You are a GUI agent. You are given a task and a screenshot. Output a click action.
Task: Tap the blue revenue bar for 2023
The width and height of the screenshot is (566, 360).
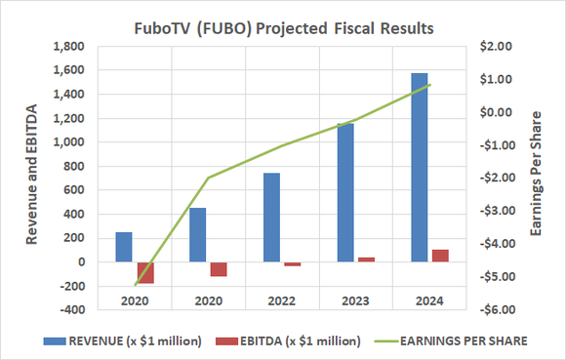tap(344, 192)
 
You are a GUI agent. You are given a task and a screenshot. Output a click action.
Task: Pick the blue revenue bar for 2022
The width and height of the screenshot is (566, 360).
tap(271, 218)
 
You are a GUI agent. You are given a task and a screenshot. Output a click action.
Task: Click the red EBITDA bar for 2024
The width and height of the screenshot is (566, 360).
tap(440, 256)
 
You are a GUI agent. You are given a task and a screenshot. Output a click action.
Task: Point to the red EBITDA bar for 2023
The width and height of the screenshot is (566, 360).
tap(366, 260)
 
